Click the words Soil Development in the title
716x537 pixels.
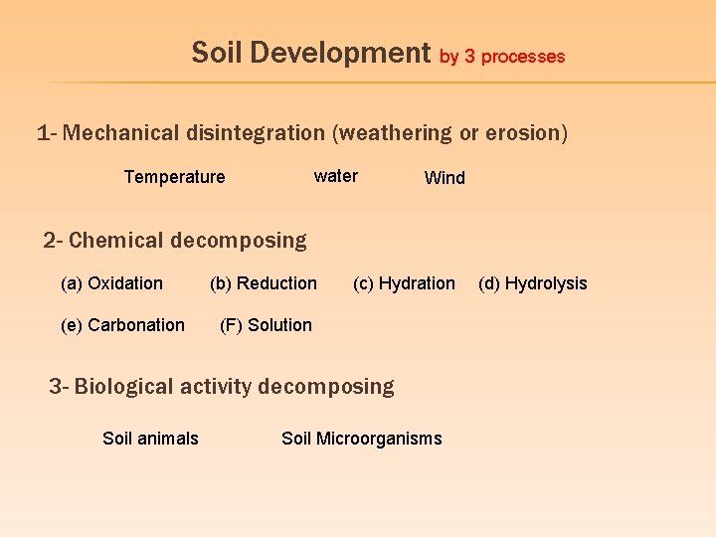(310, 53)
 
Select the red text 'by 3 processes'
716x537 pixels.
(502, 57)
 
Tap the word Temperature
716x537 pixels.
(174, 177)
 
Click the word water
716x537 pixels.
(335, 176)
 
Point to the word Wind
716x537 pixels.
(445, 178)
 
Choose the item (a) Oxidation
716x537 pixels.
(111, 283)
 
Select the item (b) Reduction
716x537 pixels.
(264, 283)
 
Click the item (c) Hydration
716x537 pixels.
(404, 283)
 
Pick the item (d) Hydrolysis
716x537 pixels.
(533, 283)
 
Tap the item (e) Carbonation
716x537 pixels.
(122, 325)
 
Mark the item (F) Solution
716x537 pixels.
(266, 325)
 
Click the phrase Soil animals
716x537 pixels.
(150, 439)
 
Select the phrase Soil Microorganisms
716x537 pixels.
(362, 439)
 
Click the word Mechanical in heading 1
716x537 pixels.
(116, 132)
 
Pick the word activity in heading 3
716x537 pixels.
(214, 386)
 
